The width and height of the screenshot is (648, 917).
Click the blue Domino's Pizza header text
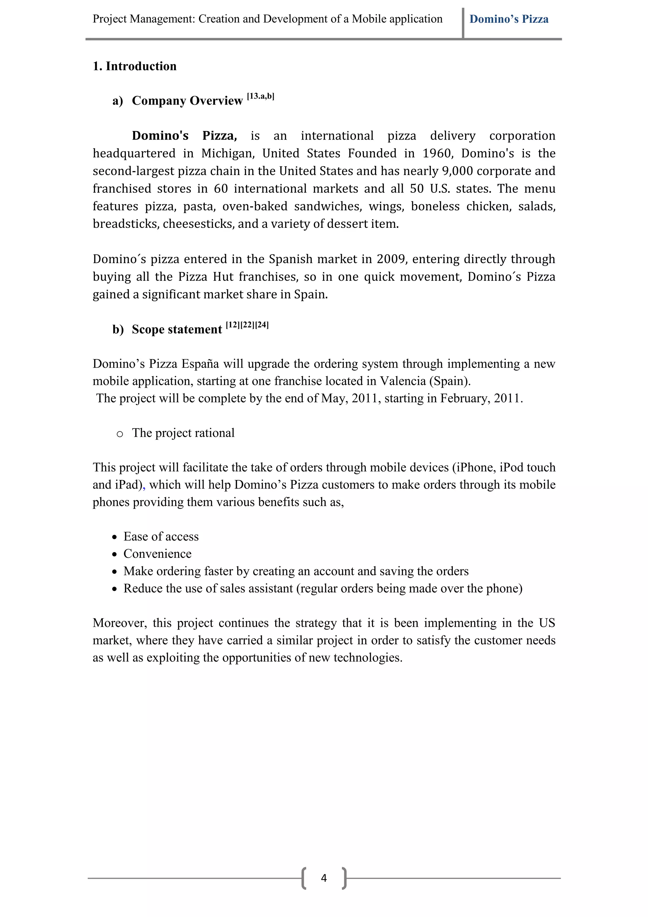pyautogui.click(x=509, y=19)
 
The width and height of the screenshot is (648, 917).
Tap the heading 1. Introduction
pyautogui.click(x=134, y=66)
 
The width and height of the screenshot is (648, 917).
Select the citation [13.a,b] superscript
pyautogui.click(x=260, y=96)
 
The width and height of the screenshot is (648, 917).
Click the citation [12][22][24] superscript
pyautogui.click(x=247, y=325)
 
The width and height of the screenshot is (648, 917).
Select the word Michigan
pyautogui.click(x=228, y=153)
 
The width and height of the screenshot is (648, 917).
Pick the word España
pyautogui.click(x=200, y=364)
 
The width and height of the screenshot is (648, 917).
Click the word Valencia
pyautogui.click(x=402, y=381)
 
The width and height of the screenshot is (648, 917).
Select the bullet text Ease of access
pyautogui.click(x=161, y=536)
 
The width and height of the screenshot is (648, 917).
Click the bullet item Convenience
pyautogui.click(x=157, y=554)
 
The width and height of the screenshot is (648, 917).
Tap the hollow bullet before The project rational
pyautogui.click(x=119, y=434)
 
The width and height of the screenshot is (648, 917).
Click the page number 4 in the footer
pyautogui.click(x=324, y=878)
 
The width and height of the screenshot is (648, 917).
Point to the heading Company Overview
pyautogui.click(x=187, y=101)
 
